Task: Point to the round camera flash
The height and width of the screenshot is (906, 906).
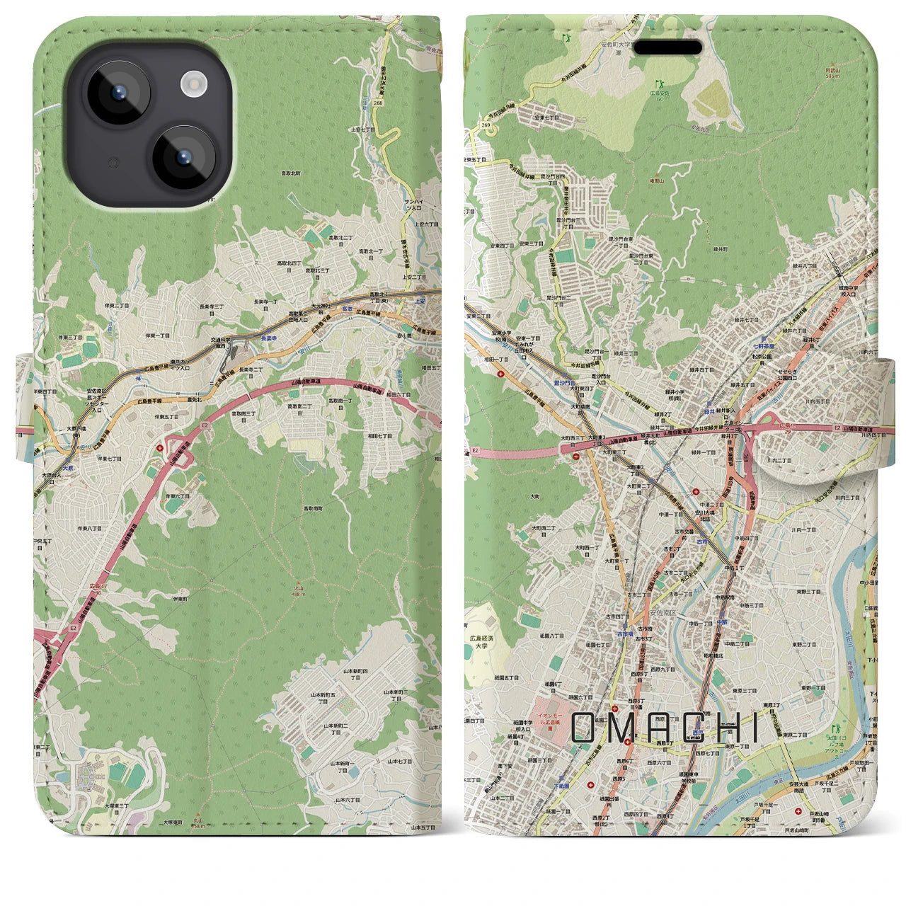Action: (193, 86)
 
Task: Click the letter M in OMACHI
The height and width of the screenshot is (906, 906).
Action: (625, 728)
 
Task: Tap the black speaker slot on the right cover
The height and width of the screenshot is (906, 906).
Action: (667, 47)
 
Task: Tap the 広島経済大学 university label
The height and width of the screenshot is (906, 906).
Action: (481, 642)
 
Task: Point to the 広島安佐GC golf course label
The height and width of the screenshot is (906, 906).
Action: (659, 92)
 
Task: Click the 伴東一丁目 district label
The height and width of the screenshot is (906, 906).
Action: (158, 336)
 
